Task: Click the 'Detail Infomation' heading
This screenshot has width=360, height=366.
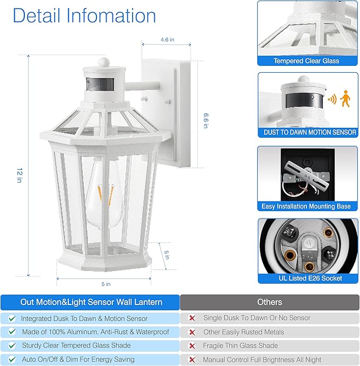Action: (x=84, y=15)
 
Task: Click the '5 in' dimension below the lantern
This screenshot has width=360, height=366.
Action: (x=106, y=284)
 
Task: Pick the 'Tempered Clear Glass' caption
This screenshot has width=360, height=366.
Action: (x=306, y=61)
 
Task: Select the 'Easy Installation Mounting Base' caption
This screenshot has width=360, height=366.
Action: (x=306, y=206)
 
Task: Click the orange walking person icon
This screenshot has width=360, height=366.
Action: (x=346, y=99)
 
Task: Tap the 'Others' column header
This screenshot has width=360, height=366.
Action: (x=269, y=302)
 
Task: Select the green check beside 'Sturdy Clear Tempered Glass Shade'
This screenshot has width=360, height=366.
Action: (x=12, y=346)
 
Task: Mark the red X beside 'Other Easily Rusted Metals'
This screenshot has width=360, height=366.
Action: (x=192, y=332)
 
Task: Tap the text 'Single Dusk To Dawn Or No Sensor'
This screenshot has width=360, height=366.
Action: (x=257, y=318)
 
